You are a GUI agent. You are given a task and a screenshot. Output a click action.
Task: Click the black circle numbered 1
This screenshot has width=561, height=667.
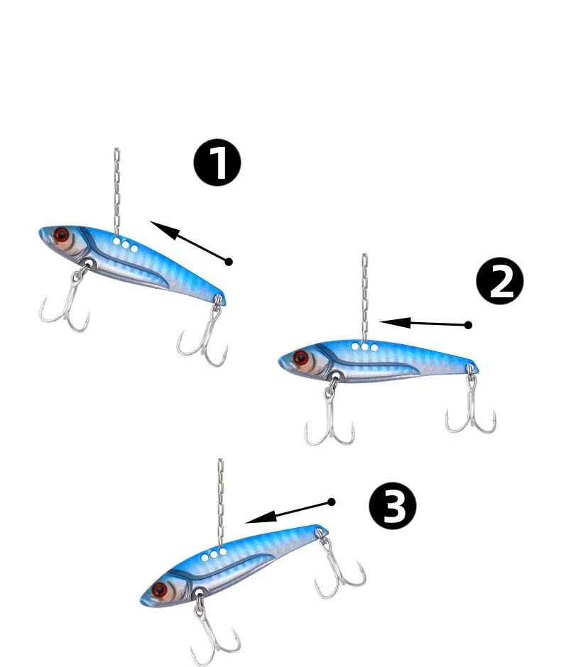[x=217, y=162]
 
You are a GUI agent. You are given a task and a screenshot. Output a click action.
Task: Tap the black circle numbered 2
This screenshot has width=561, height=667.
[x=500, y=281]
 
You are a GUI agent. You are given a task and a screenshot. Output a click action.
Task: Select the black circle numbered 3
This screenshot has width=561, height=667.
[x=393, y=505]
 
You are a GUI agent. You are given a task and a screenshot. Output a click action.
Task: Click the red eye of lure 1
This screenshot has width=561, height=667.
[x=62, y=234]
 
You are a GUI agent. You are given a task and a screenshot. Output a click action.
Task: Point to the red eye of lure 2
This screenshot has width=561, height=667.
[x=301, y=358]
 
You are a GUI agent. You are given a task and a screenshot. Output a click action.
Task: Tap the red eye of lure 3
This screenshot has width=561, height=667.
[x=160, y=590]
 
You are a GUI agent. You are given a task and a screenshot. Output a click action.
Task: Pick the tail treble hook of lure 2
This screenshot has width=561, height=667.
[x=471, y=404]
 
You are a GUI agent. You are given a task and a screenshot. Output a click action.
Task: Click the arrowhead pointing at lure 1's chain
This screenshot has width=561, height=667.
[x=164, y=229]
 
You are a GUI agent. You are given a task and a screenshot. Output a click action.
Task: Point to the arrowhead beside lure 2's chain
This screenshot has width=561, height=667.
[x=395, y=322]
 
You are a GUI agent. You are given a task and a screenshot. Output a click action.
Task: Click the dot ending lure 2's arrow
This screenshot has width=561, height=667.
[x=468, y=325]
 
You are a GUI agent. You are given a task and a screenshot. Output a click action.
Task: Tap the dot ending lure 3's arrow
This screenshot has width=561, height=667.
[x=332, y=502]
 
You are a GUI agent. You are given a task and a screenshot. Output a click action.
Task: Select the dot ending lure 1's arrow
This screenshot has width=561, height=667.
[x=229, y=262]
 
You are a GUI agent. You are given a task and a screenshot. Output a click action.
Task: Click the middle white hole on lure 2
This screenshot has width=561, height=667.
[x=364, y=347]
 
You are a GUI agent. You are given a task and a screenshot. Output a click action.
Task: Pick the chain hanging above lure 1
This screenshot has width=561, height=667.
[x=116, y=192]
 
